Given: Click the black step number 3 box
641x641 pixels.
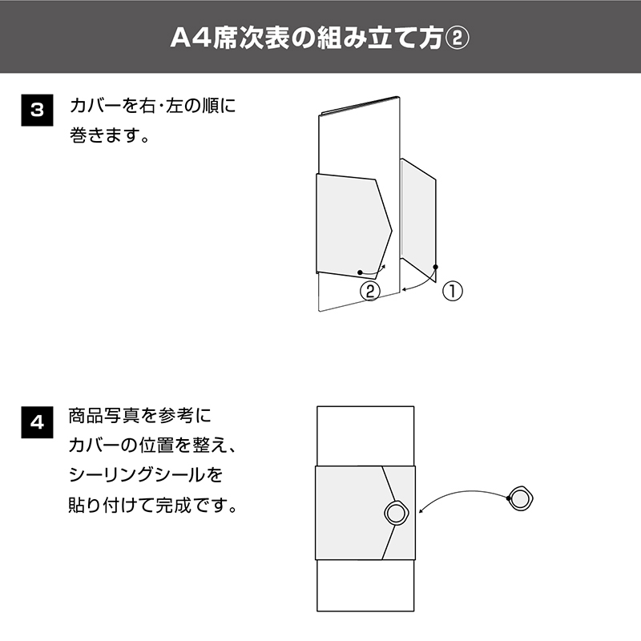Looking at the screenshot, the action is click(37, 110).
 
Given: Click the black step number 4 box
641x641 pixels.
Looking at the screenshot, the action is click(37, 422).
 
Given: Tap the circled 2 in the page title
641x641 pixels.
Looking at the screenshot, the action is click(456, 38).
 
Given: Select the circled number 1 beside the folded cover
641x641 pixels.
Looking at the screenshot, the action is click(453, 292).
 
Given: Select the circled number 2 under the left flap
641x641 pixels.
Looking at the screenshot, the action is click(370, 291).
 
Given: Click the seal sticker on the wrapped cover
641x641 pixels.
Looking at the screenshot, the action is click(395, 513).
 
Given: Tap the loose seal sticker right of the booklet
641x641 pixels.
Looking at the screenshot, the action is click(521, 498).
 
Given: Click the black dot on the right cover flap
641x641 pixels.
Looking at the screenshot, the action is click(436, 267).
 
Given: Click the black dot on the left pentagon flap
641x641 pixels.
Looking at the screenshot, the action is click(360, 272).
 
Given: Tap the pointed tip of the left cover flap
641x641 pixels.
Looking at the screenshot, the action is click(392, 232).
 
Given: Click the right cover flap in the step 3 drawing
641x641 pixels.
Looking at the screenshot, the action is click(418, 221).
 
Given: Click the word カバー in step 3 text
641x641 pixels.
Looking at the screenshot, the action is click(95, 106).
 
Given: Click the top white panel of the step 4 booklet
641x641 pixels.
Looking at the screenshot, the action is click(365, 436).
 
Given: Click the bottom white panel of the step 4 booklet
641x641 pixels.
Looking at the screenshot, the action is click(365, 586).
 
